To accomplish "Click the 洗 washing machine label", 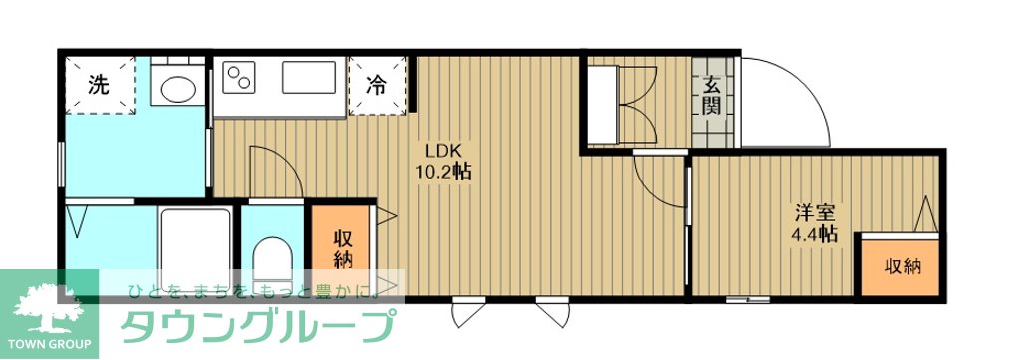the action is [x=98, y=85].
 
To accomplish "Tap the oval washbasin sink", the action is [x=177, y=89].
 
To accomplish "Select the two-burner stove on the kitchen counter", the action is [x=239, y=77].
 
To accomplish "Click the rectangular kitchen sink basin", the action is [x=309, y=77].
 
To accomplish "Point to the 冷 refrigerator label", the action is [x=376, y=84].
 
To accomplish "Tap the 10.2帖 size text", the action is [x=443, y=172].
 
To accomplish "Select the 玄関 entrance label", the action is [x=712, y=95].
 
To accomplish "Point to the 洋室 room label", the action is [x=815, y=212].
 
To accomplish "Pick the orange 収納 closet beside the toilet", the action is [x=342, y=248].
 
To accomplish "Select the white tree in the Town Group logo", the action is [x=50, y=308].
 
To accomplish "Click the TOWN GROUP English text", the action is [x=49, y=344].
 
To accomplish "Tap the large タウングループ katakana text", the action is [x=258, y=325].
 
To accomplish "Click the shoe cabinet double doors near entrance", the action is [x=638, y=105].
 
